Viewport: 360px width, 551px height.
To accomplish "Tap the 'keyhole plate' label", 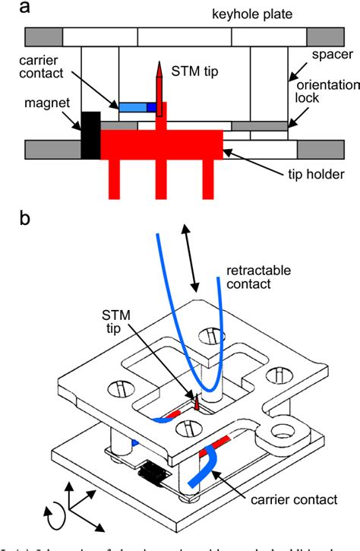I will [199, 14].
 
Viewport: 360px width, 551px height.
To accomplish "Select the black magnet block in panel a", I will [90, 135].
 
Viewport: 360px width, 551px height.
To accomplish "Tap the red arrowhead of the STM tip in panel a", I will [160, 72].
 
